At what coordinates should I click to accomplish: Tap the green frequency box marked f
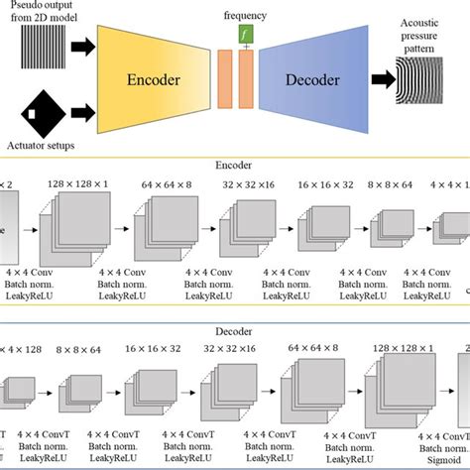point(245,34)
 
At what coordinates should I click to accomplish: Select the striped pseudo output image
point(49,46)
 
